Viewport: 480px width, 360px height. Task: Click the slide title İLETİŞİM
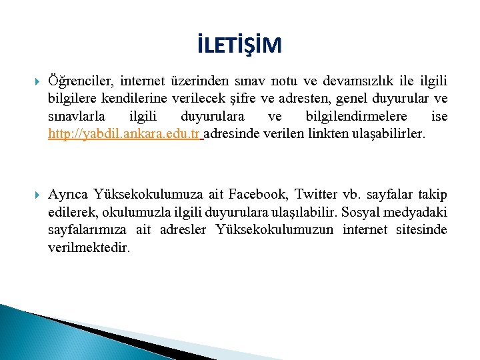click(x=239, y=45)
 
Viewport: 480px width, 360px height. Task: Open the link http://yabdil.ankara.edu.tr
click(x=124, y=134)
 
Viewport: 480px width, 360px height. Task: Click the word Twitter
click(x=316, y=195)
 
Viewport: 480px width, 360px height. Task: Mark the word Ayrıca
click(x=69, y=195)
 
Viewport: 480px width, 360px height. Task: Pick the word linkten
click(x=325, y=134)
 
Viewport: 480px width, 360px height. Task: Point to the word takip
click(x=433, y=195)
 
